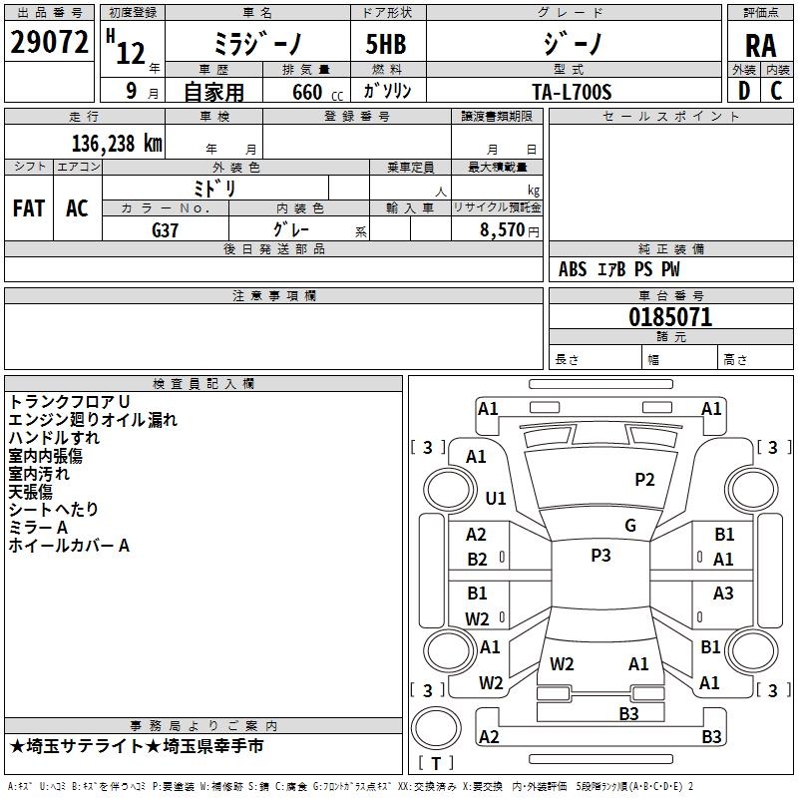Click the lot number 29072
point(49,42)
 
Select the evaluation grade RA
point(760,46)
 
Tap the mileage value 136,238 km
point(117,144)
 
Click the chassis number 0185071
point(670,317)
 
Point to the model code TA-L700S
point(572,92)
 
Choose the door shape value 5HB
point(386,44)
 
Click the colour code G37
point(165,230)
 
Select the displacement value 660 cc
point(317,92)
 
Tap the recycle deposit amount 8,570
point(503,229)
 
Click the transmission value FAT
point(29,208)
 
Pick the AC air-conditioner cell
point(78,208)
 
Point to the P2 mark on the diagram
point(644,480)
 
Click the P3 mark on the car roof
point(600,555)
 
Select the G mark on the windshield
point(630,526)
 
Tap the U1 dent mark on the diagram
point(496,498)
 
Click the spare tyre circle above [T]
point(436,727)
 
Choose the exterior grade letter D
point(744,91)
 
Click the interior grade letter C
point(776,91)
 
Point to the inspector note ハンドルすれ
point(54,437)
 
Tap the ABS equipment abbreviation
point(573,269)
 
